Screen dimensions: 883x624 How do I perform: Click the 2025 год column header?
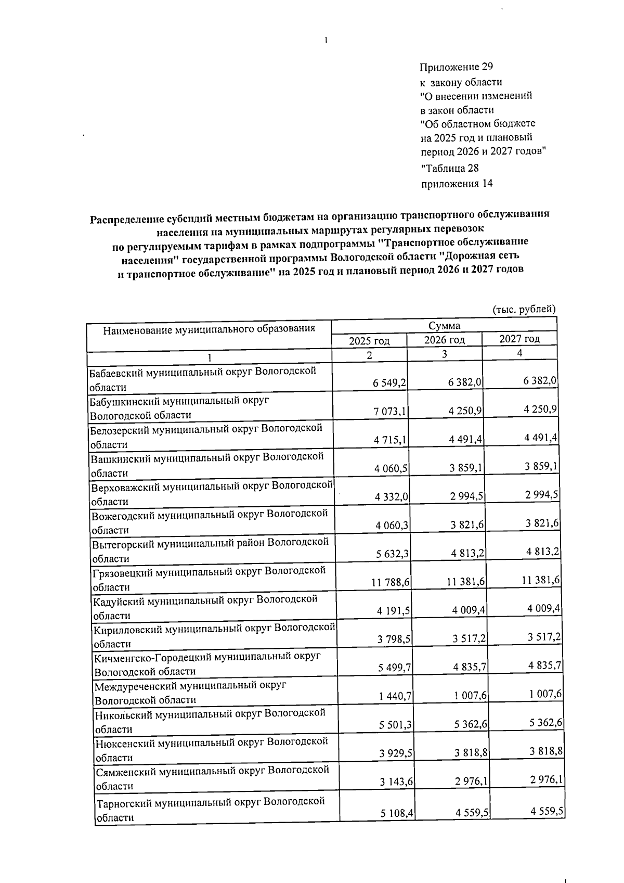click(369, 341)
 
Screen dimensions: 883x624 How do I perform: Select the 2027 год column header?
click(519, 339)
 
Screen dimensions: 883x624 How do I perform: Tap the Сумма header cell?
click(444, 326)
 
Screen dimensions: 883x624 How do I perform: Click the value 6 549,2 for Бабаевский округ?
click(389, 383)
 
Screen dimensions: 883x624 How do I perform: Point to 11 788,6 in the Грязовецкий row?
click(391, 583)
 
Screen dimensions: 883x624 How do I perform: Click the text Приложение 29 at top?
click(456, 67)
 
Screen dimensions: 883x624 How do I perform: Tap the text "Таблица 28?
click(449, 169)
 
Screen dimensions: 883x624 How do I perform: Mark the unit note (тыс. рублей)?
click(524, 309)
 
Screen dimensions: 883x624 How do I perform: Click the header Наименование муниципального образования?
click(209, 329)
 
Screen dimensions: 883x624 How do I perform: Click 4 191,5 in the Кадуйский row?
click(392, 611)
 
